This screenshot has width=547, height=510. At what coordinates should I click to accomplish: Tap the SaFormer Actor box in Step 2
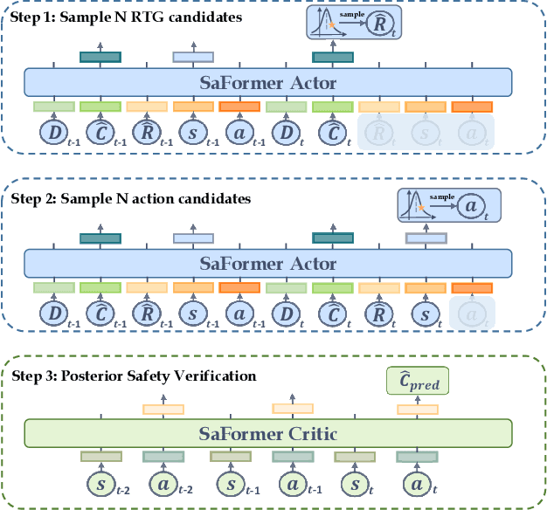tap(267, 263)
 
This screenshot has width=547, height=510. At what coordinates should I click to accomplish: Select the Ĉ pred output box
tap(418, 382)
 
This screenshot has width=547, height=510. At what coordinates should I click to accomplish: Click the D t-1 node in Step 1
tap(54, 134)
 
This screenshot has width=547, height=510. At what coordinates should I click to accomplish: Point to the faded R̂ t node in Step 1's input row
tap(379, 134)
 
